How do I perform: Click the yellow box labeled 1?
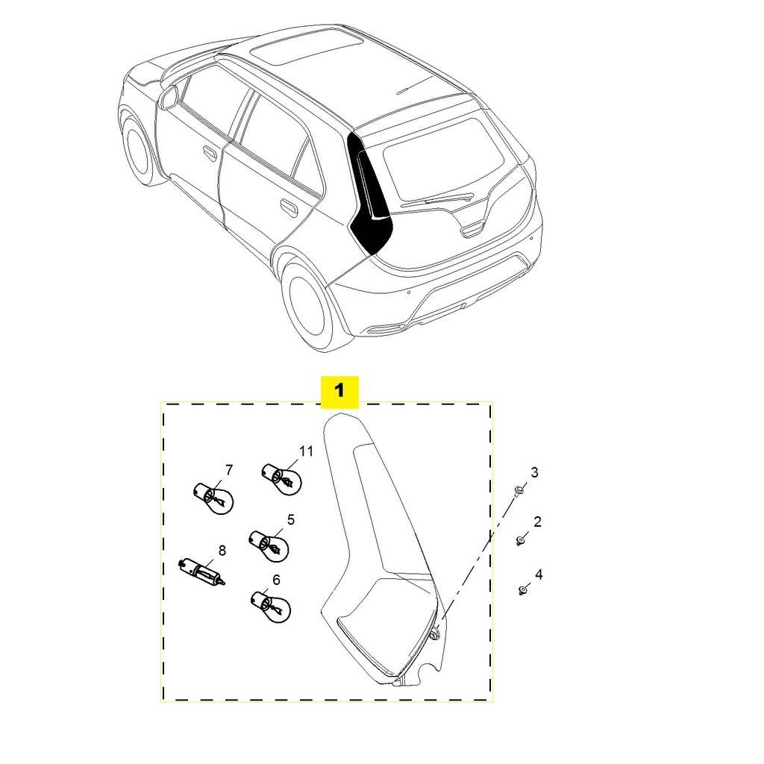coord(339,391)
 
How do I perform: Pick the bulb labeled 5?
coord(269,543)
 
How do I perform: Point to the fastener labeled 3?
coord(519,490)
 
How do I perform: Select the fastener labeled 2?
coord(520,539)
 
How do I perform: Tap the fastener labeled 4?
coord(522,590)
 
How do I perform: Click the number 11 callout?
coord(306,451)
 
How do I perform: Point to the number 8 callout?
coord(222,551)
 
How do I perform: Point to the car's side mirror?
coord(169,97)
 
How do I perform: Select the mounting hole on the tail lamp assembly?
coord(434,633)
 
